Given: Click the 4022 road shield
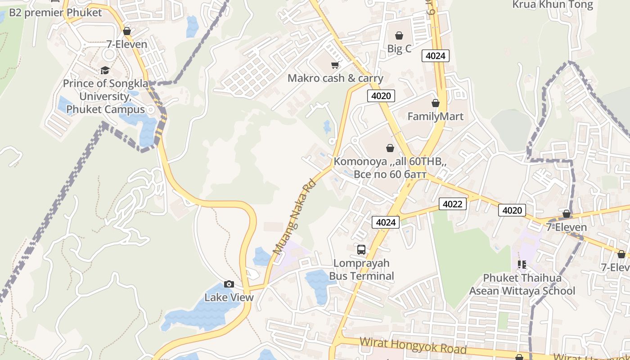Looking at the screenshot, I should [452, 204].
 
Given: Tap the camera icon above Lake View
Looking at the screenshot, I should [229, 284].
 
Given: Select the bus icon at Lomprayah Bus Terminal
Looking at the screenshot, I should [361, 249].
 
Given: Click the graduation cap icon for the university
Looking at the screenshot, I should [105, 70].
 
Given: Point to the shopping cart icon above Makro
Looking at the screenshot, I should [335, 65].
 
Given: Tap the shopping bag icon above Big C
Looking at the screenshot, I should [399, 35].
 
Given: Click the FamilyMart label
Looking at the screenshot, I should [435, 117].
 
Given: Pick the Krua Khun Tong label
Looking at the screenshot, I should [553, 5].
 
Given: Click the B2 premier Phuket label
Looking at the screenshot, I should [55, 13].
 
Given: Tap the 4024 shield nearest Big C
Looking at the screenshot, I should [435, 56].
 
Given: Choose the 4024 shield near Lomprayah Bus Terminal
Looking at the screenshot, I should [386, 222].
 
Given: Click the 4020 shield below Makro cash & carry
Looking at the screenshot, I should [381, 95].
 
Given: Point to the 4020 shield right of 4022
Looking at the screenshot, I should [512, 210].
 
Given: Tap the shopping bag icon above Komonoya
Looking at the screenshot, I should [390, 148].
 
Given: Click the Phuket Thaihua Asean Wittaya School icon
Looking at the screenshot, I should [522, 264].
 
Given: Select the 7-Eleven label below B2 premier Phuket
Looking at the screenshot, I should [127, 44].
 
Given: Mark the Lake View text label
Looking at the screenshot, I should [229, 297].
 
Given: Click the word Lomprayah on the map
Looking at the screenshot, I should [361, 263].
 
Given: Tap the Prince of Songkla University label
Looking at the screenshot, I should [103, 96].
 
